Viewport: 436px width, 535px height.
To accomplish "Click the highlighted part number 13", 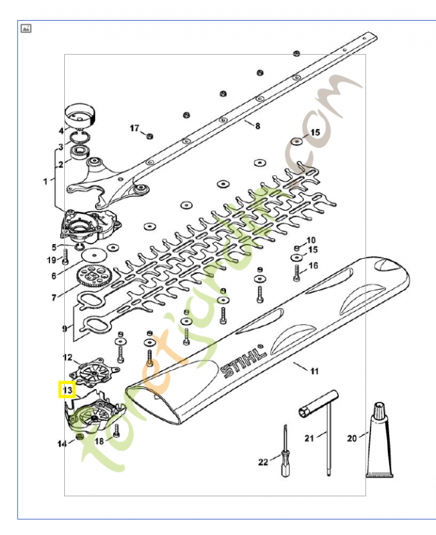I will (67, 389).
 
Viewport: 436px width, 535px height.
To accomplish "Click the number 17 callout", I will (134, 128).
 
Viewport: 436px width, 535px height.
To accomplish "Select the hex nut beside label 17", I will (150, 136).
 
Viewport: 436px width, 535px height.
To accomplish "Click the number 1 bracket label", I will (45, 181).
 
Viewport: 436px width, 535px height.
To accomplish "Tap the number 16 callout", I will (314, 266).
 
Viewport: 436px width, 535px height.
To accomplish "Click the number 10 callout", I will (310, 240).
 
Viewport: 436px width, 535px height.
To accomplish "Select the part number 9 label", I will (65, 328).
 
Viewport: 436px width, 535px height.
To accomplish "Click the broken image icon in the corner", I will (26, 28).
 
